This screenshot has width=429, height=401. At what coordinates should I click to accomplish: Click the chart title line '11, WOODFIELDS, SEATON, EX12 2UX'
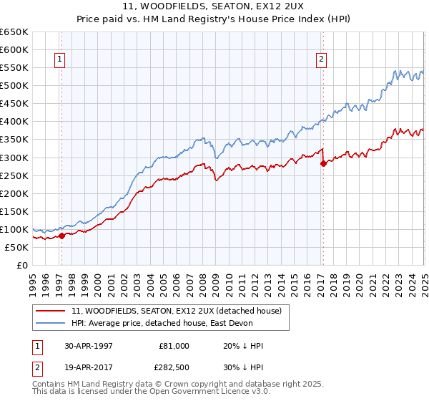point(214,6)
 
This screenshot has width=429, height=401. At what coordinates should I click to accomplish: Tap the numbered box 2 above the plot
point(321,60)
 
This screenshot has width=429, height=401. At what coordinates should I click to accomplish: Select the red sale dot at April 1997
point(62,236)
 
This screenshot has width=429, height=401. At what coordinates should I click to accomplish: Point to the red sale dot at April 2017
point(323,163)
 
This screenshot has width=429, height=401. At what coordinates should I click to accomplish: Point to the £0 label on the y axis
point(23,265)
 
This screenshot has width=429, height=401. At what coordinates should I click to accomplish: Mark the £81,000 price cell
point(174,346)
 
